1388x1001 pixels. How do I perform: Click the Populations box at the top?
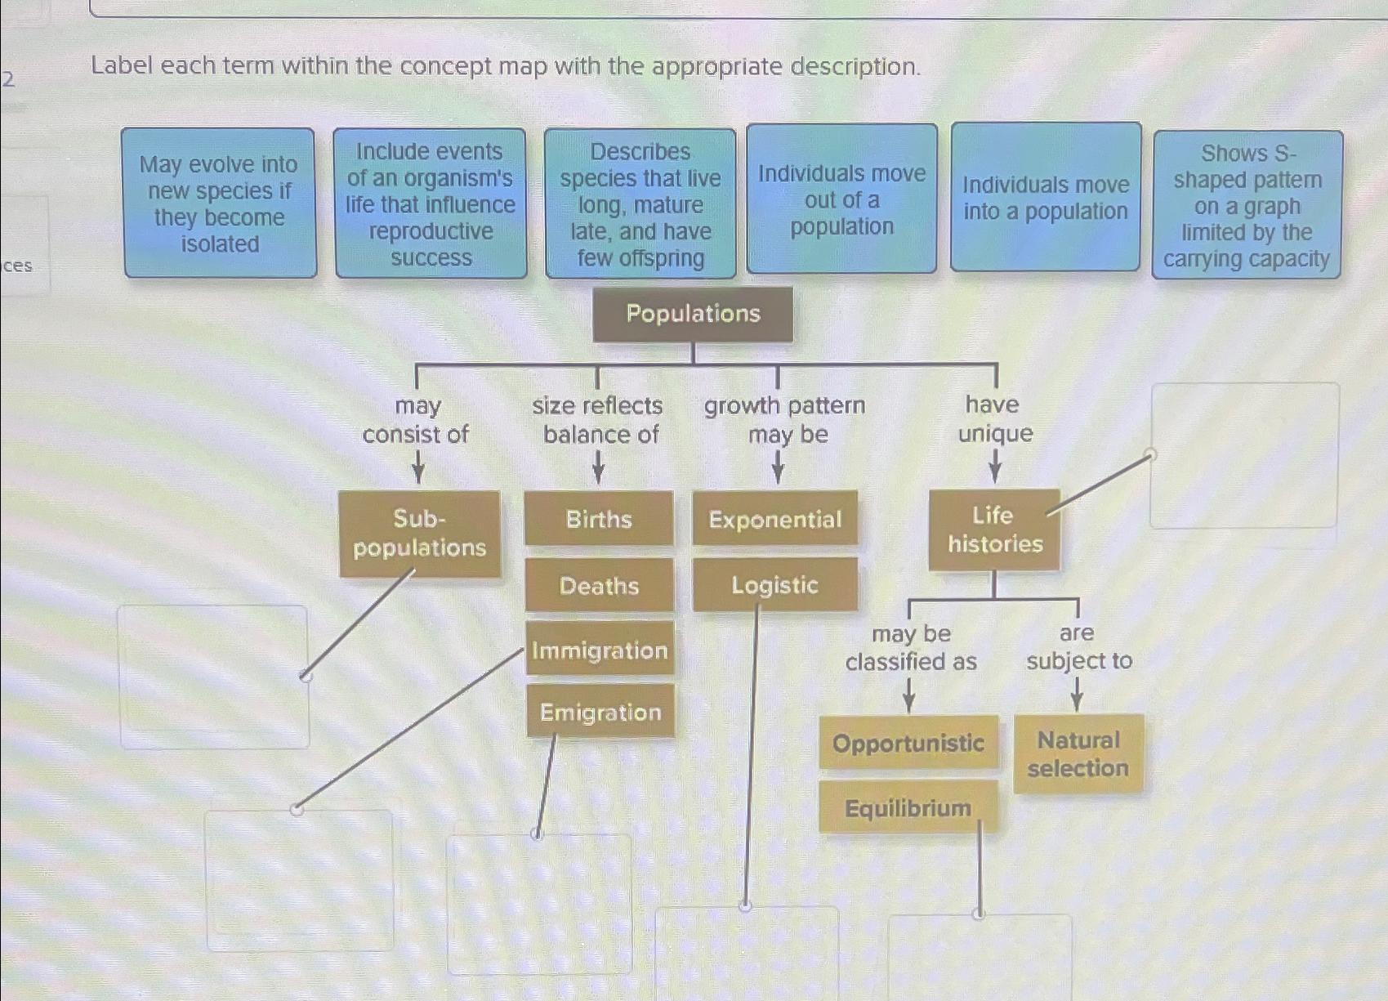coord(693,314)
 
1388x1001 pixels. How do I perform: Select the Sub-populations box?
coord(419,534)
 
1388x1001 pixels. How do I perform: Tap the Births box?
coord(599,519)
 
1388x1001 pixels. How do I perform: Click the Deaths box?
coord(599,585)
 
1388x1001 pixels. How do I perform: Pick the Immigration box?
coord(600,650)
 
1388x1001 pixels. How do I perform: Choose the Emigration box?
coord(600,712)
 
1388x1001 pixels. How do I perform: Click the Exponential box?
coord(774,519)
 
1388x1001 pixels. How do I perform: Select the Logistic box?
coord(774,585)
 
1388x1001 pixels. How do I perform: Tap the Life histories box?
coord(994,530)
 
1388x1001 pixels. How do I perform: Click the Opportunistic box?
coord(908,743)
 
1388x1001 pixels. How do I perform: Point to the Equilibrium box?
coord(908,807)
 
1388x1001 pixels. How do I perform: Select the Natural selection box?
coord(1078,753)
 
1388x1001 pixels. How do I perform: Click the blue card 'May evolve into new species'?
coord(220,203)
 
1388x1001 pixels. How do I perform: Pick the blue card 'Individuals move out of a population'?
coord(841,199)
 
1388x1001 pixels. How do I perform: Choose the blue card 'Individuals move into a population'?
coord(1045,198)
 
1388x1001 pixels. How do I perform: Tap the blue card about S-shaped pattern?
coord(1247,205)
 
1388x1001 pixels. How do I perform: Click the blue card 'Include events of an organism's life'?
coord(431,203)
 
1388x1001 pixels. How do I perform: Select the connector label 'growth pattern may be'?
coord(784,419)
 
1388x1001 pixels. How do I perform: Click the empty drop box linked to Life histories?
coord(1244,456)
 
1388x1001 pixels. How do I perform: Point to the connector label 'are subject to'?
coord(1078,646)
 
